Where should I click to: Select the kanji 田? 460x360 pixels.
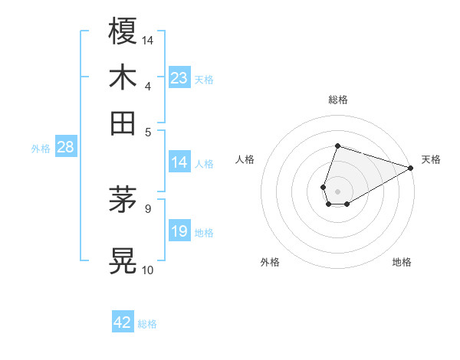click(123, 123)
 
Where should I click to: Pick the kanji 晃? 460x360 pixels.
click(123, 260)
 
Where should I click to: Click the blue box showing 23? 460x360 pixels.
click(179, 78)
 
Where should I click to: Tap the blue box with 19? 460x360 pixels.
click(179, 231)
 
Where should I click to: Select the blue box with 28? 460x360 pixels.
click(65, 148)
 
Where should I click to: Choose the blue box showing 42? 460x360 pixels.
click(123, 322)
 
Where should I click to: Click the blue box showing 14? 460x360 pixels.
click(179, 162)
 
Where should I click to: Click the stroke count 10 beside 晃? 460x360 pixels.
click(148, 270)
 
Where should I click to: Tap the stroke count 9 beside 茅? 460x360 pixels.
click(147, 208)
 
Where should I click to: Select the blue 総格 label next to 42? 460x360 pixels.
click(147, 324)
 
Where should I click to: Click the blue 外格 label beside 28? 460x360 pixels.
click(41, 149)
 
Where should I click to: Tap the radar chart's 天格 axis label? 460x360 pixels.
click(431, 159)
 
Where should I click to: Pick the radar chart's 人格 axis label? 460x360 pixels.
click(245, 159)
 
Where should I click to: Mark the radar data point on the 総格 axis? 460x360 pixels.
click(337, 146)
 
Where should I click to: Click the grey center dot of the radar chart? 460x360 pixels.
click(337, 190)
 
